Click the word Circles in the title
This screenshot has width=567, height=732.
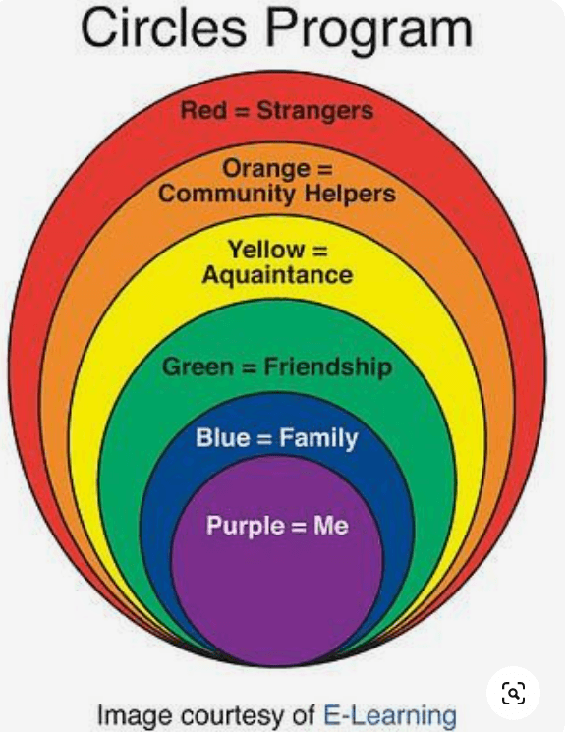point(163,28)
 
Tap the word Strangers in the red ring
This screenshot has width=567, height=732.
point(315,112)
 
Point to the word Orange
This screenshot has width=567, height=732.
point(265,170)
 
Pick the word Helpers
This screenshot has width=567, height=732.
point(350,194)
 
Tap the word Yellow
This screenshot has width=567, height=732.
point(265,250)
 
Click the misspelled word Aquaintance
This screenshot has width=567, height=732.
point(277,274)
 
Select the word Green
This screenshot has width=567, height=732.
point(198,366)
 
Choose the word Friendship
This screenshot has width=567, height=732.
point(328,367)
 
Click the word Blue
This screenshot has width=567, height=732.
point(223,438)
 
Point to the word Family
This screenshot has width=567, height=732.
point(318,439)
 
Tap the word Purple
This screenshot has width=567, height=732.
point(246,526)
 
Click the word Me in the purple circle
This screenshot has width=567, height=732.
point(331,526)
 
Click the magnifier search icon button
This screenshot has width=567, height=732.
point(513,694)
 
